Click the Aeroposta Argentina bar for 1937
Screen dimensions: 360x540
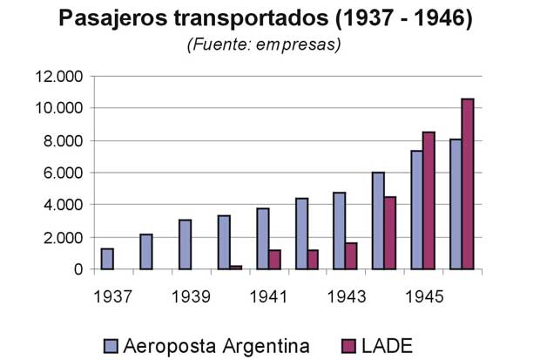[x=107, y=259]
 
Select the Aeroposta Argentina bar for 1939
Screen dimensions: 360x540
[x=185, y=245]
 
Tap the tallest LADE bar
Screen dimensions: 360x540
[x=467, y=184]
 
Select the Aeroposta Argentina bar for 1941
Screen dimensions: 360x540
[x=262, y=239]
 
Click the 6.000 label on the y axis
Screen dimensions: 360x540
[x=60, y=173]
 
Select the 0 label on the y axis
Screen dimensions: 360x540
[x=78, y=269]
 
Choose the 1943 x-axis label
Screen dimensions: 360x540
[x=346, y=296]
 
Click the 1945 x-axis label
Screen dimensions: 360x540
[x=423, y=296]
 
